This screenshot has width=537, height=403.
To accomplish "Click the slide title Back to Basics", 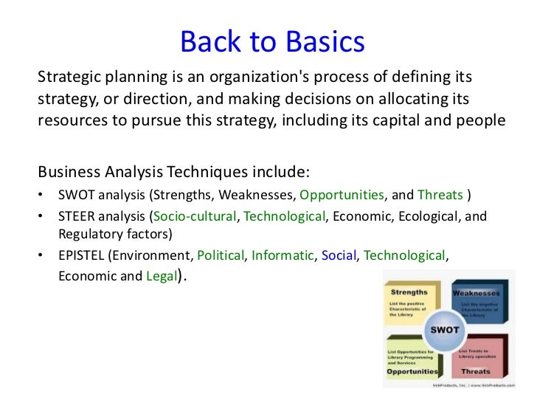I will (x=272, y=42).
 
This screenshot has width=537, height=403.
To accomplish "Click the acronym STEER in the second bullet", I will (x=78, y=217).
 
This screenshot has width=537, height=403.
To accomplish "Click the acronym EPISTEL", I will (x=83, y=256).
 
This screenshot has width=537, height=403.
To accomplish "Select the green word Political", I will (x=220, y=256).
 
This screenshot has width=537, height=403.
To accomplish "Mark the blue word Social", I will (x=339, y=256).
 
